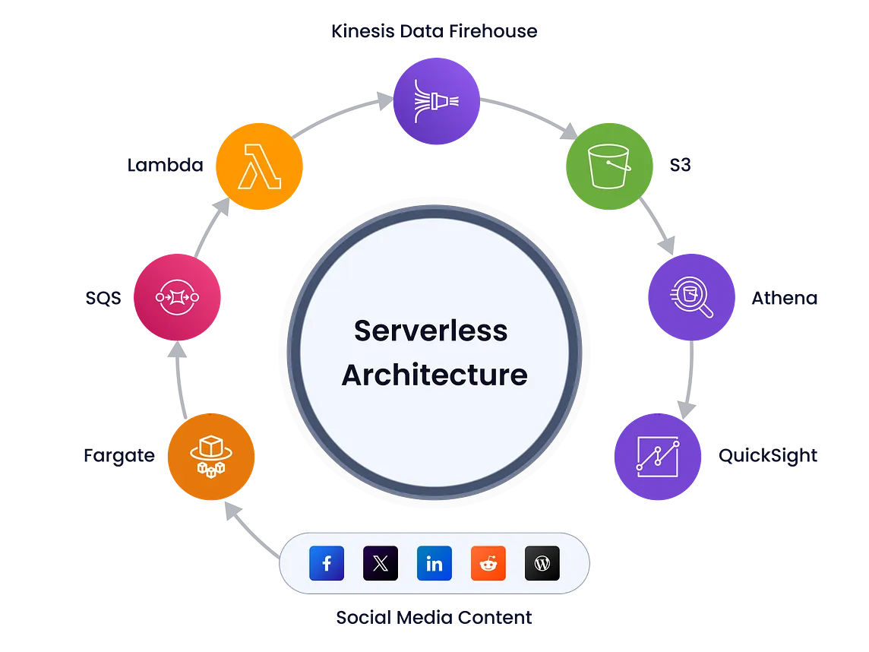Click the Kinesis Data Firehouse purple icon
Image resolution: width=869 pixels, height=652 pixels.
tap(436, 101)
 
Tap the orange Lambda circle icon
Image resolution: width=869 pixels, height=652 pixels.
tap(259, 166)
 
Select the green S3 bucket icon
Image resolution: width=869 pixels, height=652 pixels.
tap(609, 166)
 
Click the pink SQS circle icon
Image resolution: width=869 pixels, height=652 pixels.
tap(177, 297)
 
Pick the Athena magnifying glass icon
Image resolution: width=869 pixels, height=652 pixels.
tap(692, 297)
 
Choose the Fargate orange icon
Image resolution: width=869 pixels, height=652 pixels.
tap(211, 456)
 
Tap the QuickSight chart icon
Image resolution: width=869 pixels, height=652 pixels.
tap(658, 456)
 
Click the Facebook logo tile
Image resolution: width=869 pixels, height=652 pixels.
tap(327, 563)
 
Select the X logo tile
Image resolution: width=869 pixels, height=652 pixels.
tap(380, 563)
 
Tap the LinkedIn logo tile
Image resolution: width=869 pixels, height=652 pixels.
tap(434, 563)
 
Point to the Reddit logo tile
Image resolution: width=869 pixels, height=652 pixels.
tap(488, 563)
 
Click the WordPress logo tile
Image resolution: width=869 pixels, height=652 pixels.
tap(542, 563)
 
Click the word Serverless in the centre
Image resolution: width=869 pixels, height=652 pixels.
tap(431, 331)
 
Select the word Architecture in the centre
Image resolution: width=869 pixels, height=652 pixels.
tap(434, 375)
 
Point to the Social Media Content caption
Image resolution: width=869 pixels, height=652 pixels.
tap(434, 617)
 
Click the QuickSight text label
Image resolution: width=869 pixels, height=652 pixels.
tap(767, 456)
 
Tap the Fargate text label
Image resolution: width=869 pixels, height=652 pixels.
tap(119, 456)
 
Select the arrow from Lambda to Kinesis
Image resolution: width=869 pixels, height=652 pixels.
tap(340, 114)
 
